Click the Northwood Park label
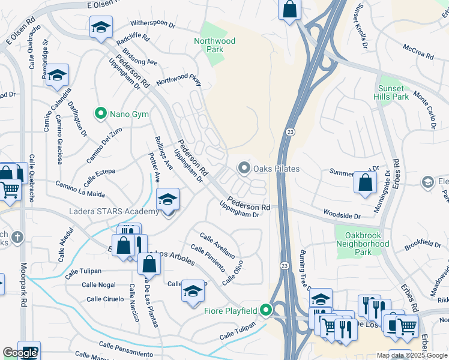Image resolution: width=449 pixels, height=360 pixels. coord(214,46)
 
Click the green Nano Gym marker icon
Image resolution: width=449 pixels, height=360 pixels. coord(100,113)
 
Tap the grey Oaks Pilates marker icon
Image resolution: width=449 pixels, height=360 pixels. coord(244,169)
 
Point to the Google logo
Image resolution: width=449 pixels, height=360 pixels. coord(20,353)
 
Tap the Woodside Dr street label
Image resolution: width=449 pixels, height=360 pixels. coord(341,215)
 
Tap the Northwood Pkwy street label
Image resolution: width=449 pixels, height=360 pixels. coord(178,81)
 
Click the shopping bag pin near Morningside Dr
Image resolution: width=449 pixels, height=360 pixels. coord(365,182)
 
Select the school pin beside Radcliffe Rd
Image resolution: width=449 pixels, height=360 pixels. coord(101,28)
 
